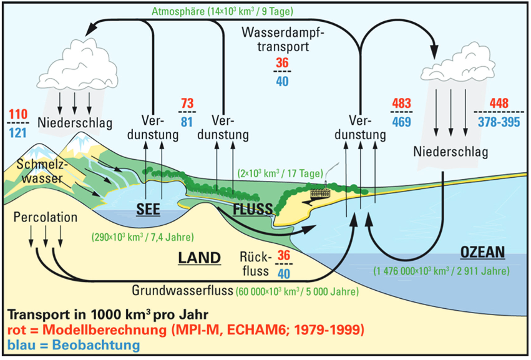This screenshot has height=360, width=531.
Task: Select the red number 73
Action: point(187,103)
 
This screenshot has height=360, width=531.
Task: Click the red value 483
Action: point(402,103)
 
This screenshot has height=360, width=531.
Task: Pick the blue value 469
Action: point(402,121)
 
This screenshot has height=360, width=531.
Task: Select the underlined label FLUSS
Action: point(253,208)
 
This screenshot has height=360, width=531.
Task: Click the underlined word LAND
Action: point(199,257)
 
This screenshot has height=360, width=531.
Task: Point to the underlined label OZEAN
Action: point(482,252)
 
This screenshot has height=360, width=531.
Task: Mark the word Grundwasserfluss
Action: point(180,290)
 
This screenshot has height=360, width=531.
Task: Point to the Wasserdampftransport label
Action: point(281,38)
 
